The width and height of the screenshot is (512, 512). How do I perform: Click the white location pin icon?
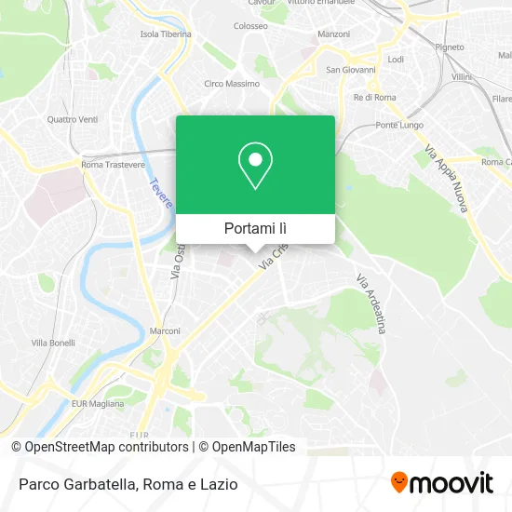[x=255, y=166]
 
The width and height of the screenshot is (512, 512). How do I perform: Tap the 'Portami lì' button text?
[x=255, y=228]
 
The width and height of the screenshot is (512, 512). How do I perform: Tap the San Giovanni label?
[x=351, y=70]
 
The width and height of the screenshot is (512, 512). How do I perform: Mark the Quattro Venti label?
[x=71, y=119]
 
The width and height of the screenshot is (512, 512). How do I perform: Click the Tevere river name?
[x=155, y=193]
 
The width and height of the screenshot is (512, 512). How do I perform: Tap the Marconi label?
[x=165, y=330]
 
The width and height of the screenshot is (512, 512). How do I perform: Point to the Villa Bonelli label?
[x=53, y=343]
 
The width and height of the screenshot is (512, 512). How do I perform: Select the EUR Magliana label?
[x=98, y=403]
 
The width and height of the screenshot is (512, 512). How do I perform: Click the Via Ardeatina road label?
[x=372, y=303]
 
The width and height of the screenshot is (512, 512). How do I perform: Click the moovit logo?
[x=441, y=483]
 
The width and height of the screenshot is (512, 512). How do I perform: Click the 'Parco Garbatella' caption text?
[x=77, y=484]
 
